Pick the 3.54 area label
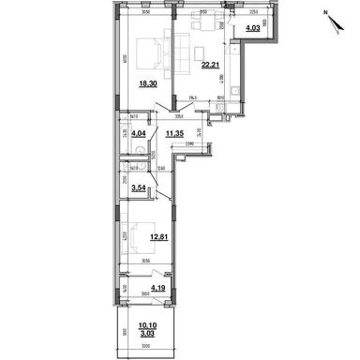click(x=138, y=187)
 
